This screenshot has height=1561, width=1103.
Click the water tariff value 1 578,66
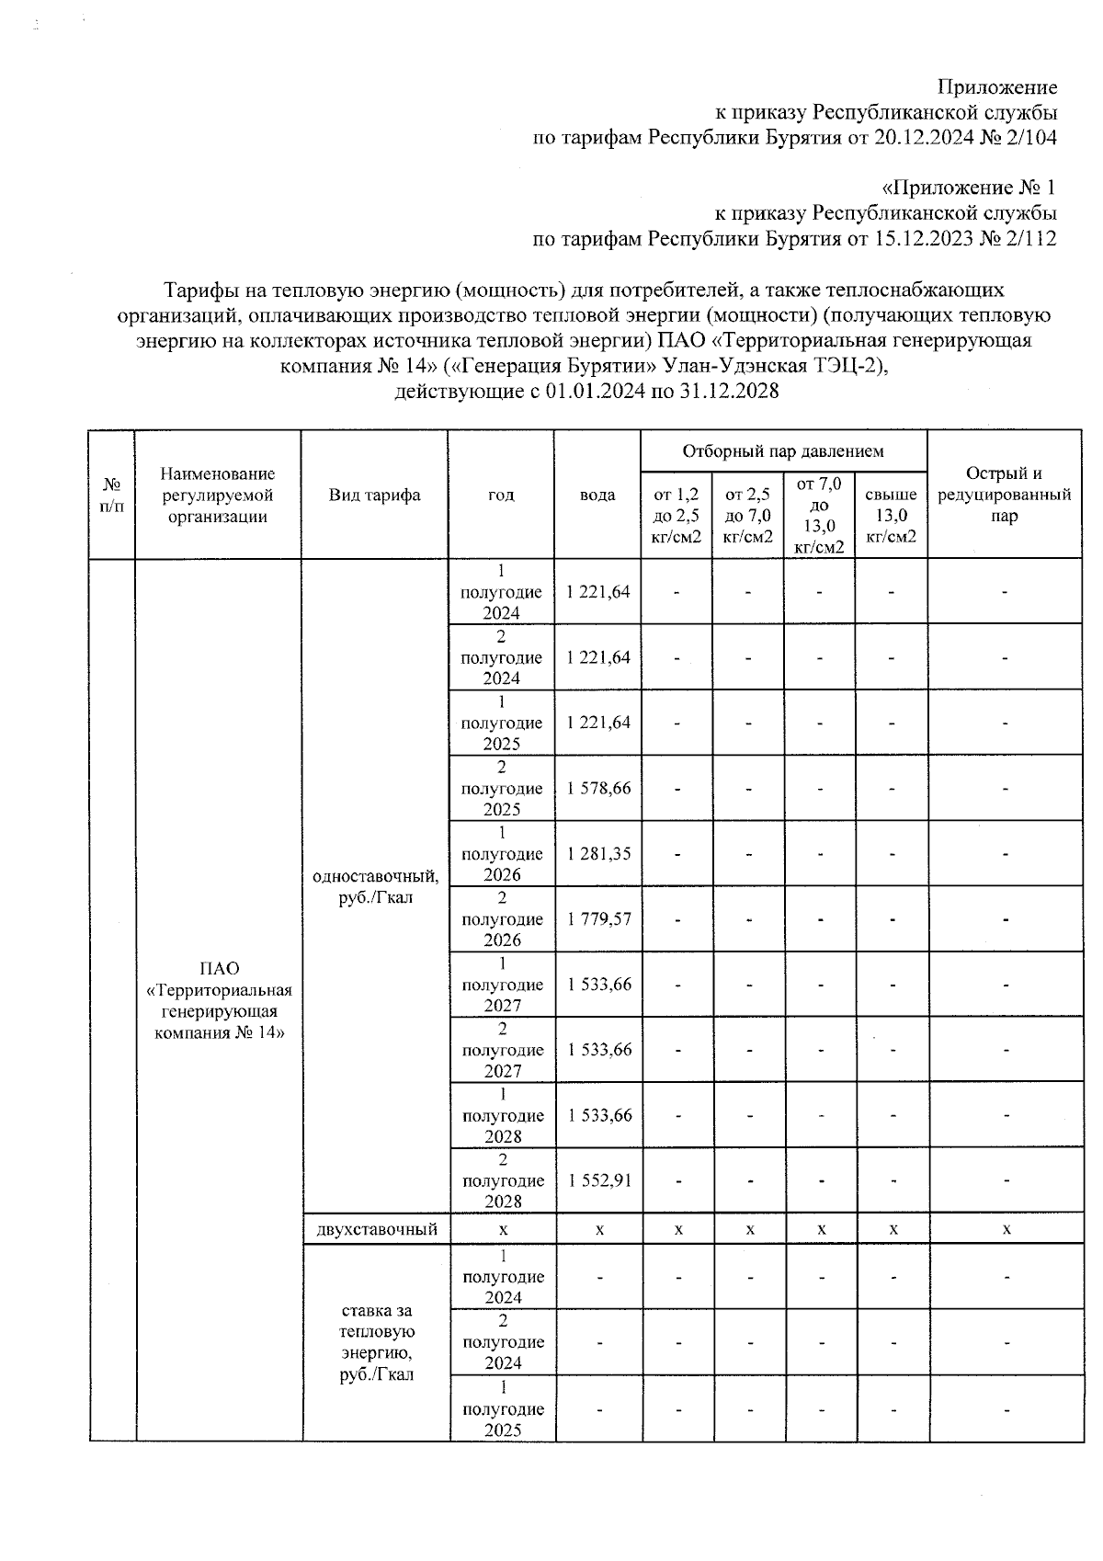(x=599, y=789)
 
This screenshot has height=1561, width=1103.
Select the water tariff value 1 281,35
(x=599, y=854)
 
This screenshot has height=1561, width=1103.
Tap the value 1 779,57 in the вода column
(x=599, y=919)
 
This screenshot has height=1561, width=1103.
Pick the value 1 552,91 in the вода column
(x=599, y=1180)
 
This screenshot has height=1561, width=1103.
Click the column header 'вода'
(x=597, y=496)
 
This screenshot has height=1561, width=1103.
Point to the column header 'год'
(x=501, y=496)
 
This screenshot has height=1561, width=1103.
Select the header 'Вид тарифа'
(x=375, y=496)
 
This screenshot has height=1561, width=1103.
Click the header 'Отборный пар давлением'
(x=783, y=451)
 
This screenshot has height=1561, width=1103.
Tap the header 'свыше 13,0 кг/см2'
(x=891, y=517)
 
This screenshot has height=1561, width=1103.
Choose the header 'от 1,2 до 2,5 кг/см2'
(x=676, y=517)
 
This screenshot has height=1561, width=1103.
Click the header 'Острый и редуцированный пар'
(x=1004, y=495)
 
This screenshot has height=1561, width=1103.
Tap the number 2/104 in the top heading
(x=1030, y=139)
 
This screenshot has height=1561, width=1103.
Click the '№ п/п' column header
(x=111, y=495)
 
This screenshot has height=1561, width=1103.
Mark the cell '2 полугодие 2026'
(x=502, y=919)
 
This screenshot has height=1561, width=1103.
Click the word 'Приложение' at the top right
(x=997, y=88)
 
